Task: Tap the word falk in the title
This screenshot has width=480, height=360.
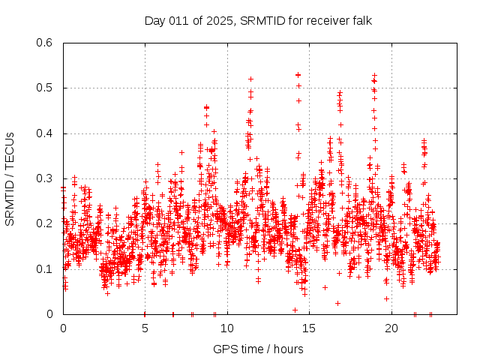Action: (361, 20)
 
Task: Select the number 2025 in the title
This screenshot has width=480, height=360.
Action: (219, 20)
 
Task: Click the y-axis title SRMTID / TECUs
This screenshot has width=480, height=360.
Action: (10, 178)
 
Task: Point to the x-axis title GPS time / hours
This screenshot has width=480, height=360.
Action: (258, 349)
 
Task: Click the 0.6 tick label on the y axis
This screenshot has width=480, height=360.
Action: (46, 43)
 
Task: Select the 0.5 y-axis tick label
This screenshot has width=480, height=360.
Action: (46, 88)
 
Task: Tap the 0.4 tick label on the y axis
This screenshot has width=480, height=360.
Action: (46, 133)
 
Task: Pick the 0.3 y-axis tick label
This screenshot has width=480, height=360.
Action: (46, 178)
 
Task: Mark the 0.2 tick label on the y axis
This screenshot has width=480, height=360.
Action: (46, 223)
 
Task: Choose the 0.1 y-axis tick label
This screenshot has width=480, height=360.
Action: (46, 268)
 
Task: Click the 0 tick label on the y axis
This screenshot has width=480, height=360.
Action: (52, 313)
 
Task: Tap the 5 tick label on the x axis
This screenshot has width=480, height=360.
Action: (145, 328)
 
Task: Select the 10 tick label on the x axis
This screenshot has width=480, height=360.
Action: (227, 328)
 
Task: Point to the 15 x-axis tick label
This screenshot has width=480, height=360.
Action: (309, 328)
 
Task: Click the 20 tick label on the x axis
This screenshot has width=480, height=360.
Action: (391, 328)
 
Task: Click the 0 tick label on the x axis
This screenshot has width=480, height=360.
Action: (63, 328)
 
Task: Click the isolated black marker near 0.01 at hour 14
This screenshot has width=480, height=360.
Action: (295, 310)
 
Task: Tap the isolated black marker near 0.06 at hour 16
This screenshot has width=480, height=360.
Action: (325, 287)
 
